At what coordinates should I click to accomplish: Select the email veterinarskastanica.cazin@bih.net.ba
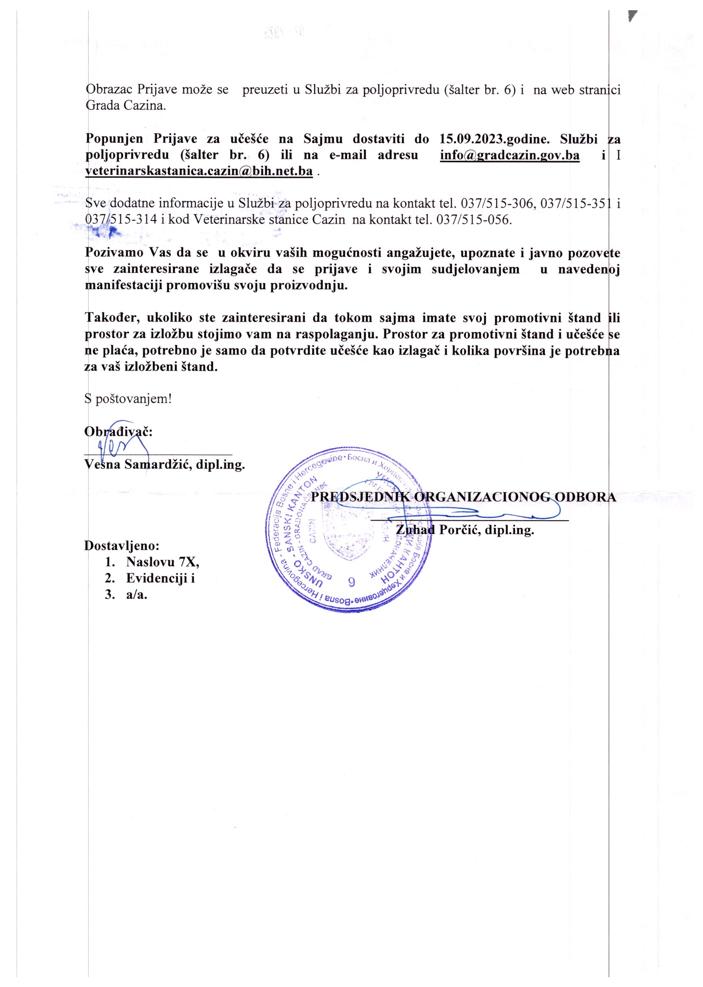[199, 172]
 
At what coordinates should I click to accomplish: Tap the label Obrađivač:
[118, 432]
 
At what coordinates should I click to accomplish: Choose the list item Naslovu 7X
[162, 562]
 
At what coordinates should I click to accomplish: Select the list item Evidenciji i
[160, 578]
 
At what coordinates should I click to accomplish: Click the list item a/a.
[136, 595]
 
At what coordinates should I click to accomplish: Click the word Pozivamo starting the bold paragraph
[115, 252]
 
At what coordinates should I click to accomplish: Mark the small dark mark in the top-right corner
[632, 16]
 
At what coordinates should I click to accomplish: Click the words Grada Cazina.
[126, 106]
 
